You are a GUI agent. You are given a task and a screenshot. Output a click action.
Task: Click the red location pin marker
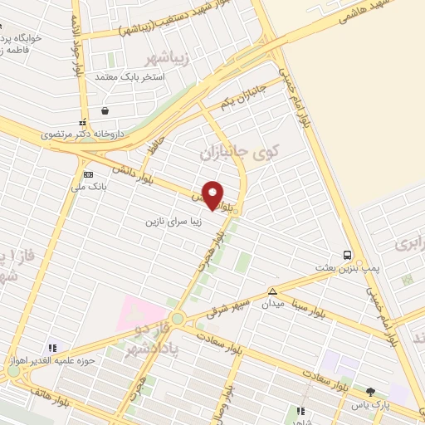click(x=213, y=194)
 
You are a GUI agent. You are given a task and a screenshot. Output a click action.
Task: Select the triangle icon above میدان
click(x=272, y=291)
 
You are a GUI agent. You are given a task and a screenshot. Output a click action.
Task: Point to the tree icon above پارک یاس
click(x=370, y=392)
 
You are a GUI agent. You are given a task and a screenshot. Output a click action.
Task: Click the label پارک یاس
click(x=369, y=404)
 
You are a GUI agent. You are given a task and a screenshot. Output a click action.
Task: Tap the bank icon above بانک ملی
click(x=88, y=174)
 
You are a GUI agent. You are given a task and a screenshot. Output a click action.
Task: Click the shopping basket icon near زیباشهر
click(x=105, y=110)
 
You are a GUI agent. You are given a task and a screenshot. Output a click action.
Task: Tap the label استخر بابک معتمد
click(x=130, y=76)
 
